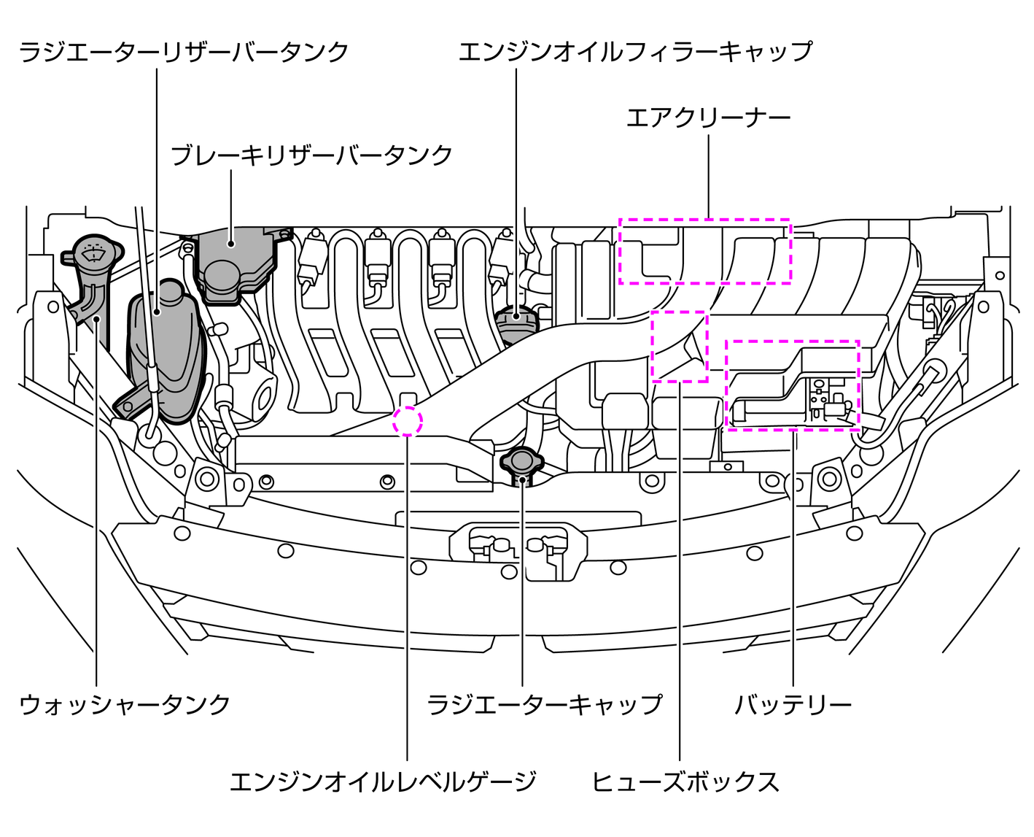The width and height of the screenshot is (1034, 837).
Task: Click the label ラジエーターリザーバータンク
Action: pyautogui.click(x=183, y=53)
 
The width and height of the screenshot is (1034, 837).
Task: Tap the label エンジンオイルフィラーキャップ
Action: pyautogui.click(x=634, y=53)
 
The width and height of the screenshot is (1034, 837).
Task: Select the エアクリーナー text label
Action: pyautogui.click(x=708, y=117)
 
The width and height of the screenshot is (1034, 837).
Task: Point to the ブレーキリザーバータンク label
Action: pyautogui.click(x=311, y=155)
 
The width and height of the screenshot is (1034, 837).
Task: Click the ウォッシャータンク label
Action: pyautogui.click(x=125, y=704)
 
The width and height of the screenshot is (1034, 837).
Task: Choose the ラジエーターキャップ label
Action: pyautogui.click(x=544, y=704)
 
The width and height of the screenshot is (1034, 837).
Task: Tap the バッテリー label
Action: pyautogui.click(x=793, y=704)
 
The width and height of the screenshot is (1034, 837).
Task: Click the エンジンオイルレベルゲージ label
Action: pyautogui.click(x=383, y=782)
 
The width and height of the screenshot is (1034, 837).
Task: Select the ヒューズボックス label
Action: pyautogui.click(x=685, y=782)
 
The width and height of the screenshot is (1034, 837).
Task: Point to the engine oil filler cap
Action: pyautogui.click(x=516, y=321)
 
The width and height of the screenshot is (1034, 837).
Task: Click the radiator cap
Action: pyautogui.click(x=521, y=461)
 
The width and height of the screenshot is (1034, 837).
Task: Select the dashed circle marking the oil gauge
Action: pyautogui.click(x=408, y=421)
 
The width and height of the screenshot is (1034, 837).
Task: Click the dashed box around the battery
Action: pyautogui.click(x=792, y=385)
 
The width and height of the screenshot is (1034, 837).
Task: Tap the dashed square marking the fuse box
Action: pyautogui.click(x=679, y=346)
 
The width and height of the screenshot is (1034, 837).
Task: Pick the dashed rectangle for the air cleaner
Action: pyautogui.click(x=704, y=251)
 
